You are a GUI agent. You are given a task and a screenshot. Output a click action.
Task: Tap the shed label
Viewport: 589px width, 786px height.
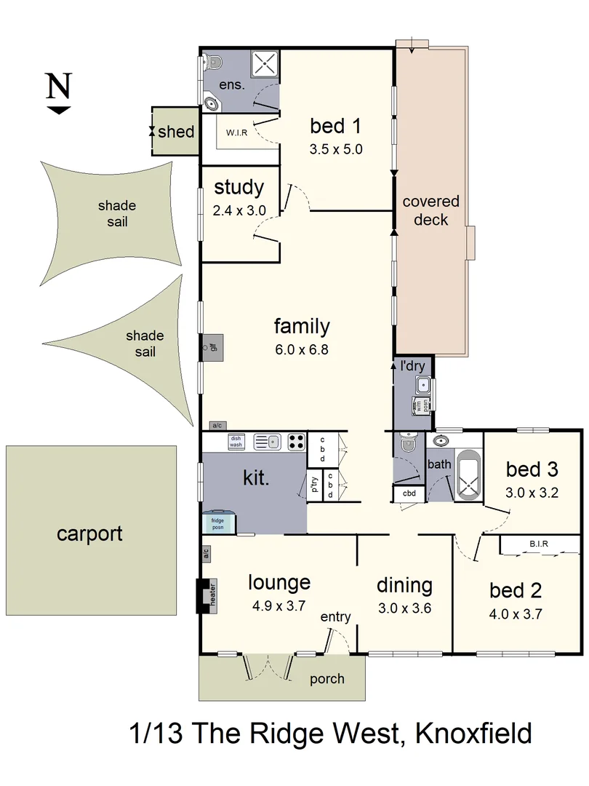pyautogui.click(x=176, y=132)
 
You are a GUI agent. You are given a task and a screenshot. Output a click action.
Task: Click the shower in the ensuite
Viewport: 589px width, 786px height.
pyautogui.click(x=265, y=63)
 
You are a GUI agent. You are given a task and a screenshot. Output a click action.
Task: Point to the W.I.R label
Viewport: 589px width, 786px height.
pyautogui.click(x=235, y=133)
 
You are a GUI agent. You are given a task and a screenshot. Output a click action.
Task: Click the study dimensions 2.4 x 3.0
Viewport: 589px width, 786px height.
pyautogui.click(x=239, y=210)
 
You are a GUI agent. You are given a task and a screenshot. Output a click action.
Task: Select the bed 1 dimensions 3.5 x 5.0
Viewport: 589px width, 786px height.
pyautogui.click(x=336, y=150)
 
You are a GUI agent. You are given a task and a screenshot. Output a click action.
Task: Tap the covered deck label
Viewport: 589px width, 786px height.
pyautogui.click(x=431, y=210)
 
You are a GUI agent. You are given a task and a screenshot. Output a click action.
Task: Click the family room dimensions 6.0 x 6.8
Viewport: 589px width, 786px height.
pyautogui.click(x=301, y=349)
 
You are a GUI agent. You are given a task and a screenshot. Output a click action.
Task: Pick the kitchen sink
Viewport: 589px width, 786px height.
pyautogui.click(x=267, y=440)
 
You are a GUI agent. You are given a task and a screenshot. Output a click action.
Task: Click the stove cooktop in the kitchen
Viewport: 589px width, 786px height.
pyautogui.click(x=296, y=440)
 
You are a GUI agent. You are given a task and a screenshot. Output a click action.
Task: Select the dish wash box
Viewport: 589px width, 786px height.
pyautogui.click(x=236, y=441)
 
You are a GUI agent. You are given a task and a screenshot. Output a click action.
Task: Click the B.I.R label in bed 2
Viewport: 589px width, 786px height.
pyautogui.click(x=539, y=544)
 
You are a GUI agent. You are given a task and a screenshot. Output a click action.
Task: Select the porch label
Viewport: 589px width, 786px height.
pyautogui.click(x=327, y=679)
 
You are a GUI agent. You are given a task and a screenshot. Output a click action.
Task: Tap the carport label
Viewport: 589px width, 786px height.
pyautogui.click(x=89, y=534)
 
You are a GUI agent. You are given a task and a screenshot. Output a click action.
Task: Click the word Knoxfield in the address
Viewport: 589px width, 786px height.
pyautogui.click(x=473, y=733)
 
